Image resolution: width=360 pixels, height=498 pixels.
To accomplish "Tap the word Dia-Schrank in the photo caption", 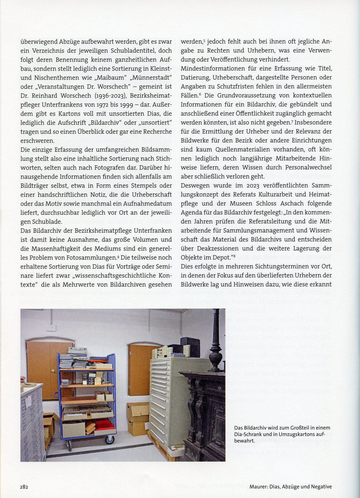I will point(250,434).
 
